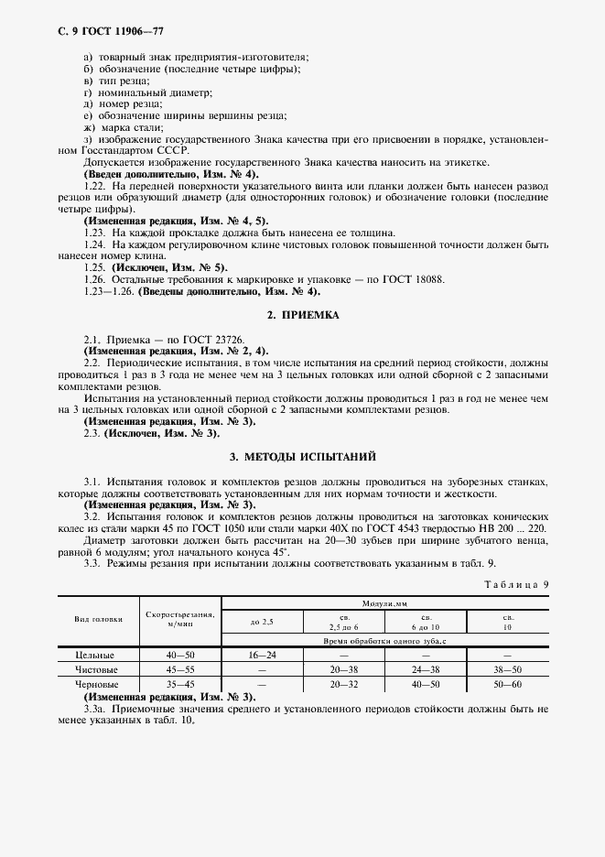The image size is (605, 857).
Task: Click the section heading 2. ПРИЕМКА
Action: click(x=302, y=315)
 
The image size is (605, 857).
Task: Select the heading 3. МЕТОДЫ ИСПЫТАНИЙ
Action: click(x=302, y=455)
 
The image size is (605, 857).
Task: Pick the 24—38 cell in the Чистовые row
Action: click(x=426, y=669)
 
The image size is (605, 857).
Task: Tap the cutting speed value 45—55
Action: click(x=179, y=669)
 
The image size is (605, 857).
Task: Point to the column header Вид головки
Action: click(x=99, y=619)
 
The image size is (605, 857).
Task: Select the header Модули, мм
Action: click(x=385, y=604)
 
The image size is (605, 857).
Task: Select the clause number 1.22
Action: click(x=94, y=186)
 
